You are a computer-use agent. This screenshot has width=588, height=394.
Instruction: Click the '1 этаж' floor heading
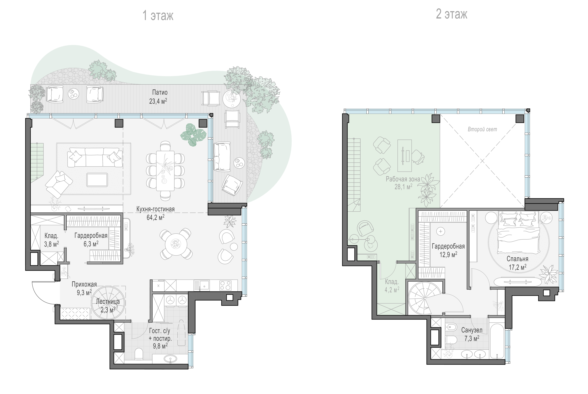[158, 16]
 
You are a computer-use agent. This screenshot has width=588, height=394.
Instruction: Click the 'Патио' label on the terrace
[160, 93]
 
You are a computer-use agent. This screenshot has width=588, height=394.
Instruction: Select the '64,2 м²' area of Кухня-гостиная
[155, 217]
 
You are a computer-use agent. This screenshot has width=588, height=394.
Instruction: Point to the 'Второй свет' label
[482, 129]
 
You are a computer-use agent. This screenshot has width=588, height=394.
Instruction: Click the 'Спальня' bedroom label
[517, 259]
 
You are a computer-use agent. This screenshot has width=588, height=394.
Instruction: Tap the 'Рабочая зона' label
[403, 179]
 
